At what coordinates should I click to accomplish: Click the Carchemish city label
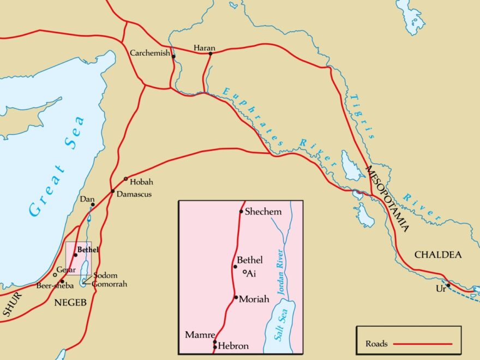coord(149,53)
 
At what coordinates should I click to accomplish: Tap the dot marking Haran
coord(210,53)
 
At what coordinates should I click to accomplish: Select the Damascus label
coord(134,194)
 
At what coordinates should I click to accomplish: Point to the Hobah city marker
coord(126,179)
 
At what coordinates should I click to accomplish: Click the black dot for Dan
coord(93,205)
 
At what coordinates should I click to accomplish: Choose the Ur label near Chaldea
coord(441,289)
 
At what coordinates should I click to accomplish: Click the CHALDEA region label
coord(438,255)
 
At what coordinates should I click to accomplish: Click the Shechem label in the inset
coord(263,212)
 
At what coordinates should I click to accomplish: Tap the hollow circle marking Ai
coord(244,272)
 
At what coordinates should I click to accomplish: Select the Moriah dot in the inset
coord(236,297)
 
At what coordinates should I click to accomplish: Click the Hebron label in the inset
coord(234,346)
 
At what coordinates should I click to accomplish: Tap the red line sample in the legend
coord(423,344)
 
